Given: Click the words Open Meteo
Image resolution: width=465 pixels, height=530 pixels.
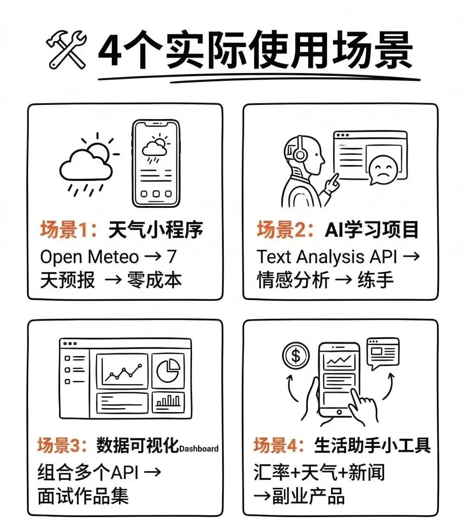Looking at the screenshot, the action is pos(89,257).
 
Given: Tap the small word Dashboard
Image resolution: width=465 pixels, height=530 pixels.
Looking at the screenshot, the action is pos(199,449).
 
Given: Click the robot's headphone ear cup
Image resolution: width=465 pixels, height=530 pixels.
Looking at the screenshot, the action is pos(300,156).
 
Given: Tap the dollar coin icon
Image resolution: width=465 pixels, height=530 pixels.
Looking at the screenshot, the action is pos(296,356).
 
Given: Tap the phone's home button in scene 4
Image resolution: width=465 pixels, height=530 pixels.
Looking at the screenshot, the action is pos(339,412).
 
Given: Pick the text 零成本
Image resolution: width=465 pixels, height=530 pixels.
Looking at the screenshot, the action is pos(155,280).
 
